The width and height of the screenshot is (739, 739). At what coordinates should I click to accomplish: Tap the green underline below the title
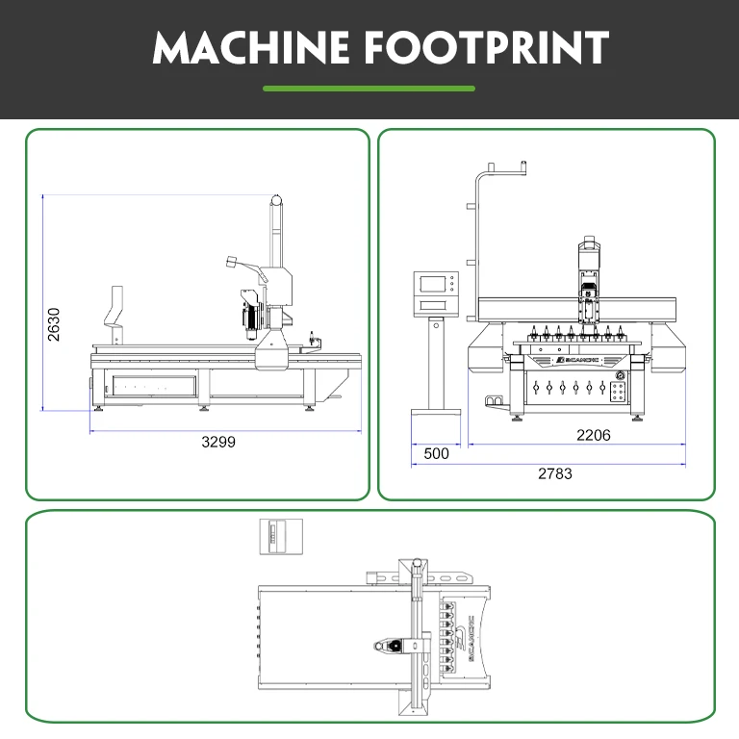369,89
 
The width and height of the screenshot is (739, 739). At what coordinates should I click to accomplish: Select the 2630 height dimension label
54,325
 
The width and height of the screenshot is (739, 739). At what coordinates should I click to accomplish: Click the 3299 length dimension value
218,443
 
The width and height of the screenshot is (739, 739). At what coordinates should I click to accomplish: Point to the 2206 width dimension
593,435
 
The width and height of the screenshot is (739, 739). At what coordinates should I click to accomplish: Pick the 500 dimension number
436,453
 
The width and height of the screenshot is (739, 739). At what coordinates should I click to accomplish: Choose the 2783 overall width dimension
555,473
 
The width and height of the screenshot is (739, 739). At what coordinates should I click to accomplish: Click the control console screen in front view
433,284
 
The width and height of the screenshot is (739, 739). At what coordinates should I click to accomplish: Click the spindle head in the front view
588,279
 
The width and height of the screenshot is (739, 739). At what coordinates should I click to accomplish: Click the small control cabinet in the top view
282,536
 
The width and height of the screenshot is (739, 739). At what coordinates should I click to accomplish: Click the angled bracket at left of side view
116,310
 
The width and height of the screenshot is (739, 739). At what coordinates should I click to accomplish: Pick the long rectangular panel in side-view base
154,385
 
